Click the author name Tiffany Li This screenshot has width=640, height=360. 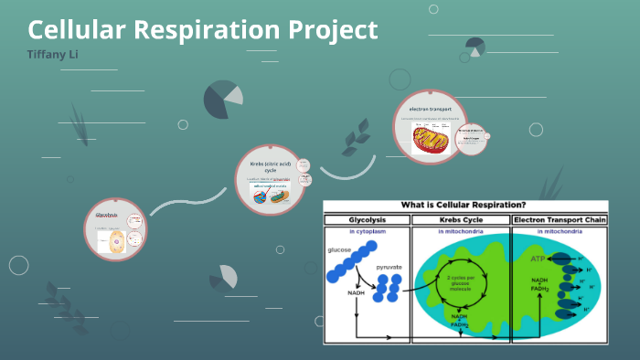tap(51, 55)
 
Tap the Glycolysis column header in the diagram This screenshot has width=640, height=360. tap(366, 220)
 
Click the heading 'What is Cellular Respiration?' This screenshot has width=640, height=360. tap(465, 206)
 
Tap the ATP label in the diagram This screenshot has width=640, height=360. tap(540, 259)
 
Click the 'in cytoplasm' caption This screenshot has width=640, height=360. tap(366, 232)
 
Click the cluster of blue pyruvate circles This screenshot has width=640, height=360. tap(388, 286)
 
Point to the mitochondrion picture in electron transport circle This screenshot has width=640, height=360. tap(431, 140)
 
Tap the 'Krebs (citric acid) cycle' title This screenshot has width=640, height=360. tap(269, 167)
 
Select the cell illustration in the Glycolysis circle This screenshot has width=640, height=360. tap(116, 241)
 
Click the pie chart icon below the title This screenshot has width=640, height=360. tap(222, 99)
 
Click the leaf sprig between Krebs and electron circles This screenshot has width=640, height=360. tap(354, 142)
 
